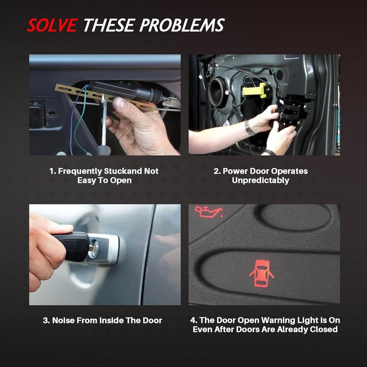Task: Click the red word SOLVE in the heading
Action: coord(52,25)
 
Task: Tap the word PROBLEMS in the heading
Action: coord(182,25)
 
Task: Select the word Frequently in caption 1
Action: coord(80,171)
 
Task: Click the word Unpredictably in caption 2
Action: coord(261,180)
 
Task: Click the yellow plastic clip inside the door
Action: coord(255,90)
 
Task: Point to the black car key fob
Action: coord(72,247)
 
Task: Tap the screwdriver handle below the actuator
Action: coord(103,150)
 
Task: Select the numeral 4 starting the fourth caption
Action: coord(192,320)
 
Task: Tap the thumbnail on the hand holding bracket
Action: coord(120,102)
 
